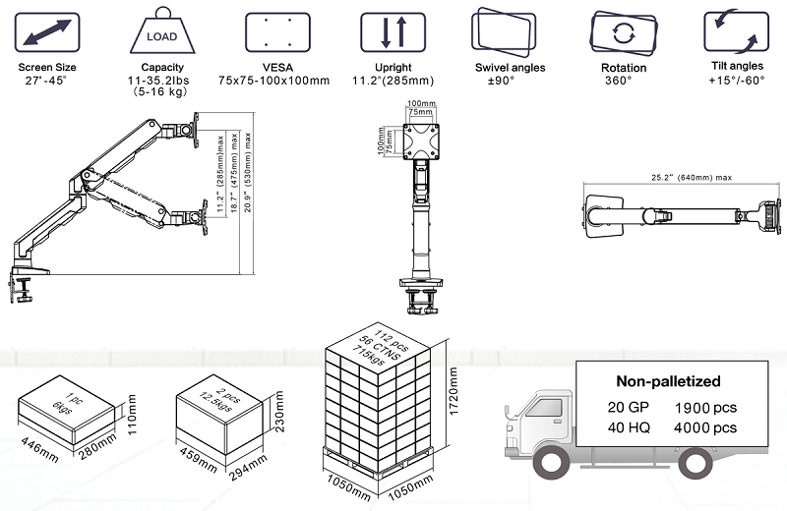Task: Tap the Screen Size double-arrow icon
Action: click(x=46, y=35)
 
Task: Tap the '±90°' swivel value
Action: click(x=503, y=81)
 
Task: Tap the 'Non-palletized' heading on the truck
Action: click(x=668, y=381)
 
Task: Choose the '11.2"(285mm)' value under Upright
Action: click(x=393, y=81)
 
